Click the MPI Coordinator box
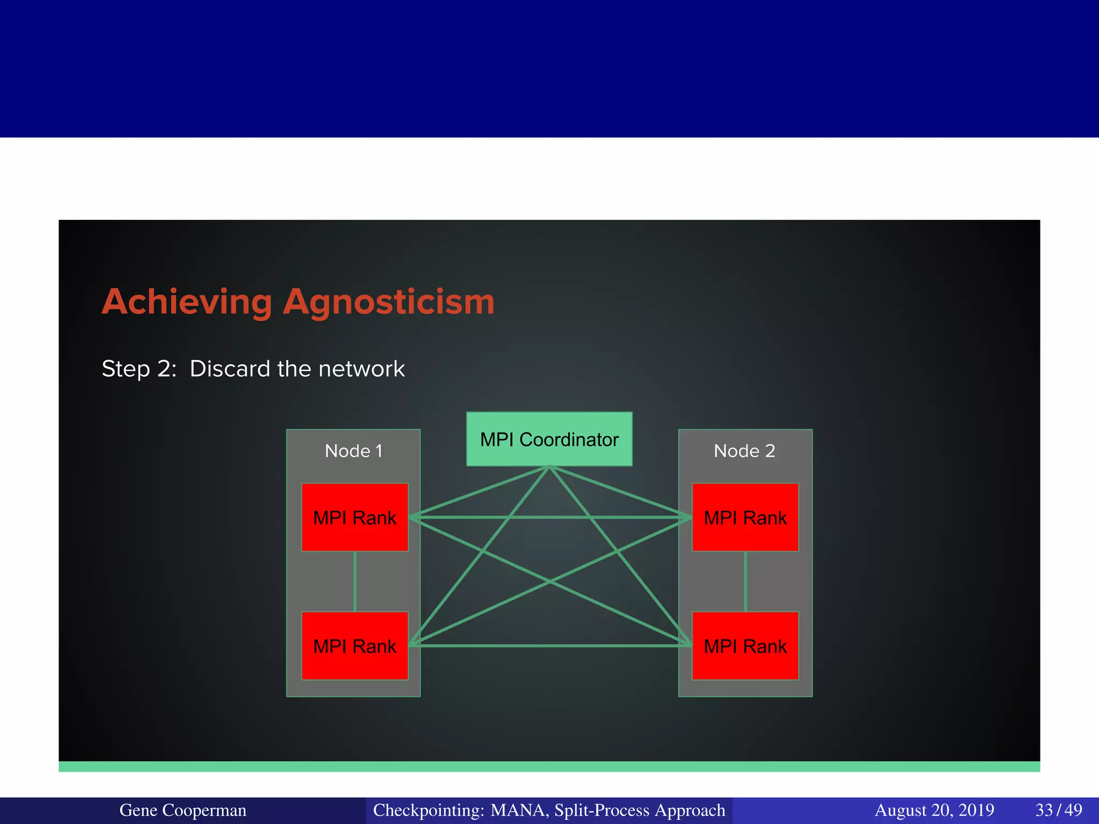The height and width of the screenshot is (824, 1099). pos(549,439)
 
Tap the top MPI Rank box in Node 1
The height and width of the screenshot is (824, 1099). pos(355,517)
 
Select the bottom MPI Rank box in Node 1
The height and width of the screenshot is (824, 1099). pos(355,645)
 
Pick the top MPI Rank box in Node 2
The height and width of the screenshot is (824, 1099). pos(745,517)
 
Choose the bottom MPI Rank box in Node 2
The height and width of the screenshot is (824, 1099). pos(745,645)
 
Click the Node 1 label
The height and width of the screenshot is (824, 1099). pos(354,451)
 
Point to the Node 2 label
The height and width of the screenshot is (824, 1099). pos(744,451)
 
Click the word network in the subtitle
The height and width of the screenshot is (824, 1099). pos(361,369)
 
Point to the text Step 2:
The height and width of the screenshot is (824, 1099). pos(139,369)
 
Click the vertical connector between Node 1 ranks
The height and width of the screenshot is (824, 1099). pos(355,582)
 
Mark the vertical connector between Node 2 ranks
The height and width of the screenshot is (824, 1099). pos(745,582)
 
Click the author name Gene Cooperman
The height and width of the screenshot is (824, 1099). pos(182,810)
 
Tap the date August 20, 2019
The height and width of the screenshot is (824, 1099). pos(934,810)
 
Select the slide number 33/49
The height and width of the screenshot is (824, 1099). pos(1058,810)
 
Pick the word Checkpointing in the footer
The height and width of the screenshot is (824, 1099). pos(428,810)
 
